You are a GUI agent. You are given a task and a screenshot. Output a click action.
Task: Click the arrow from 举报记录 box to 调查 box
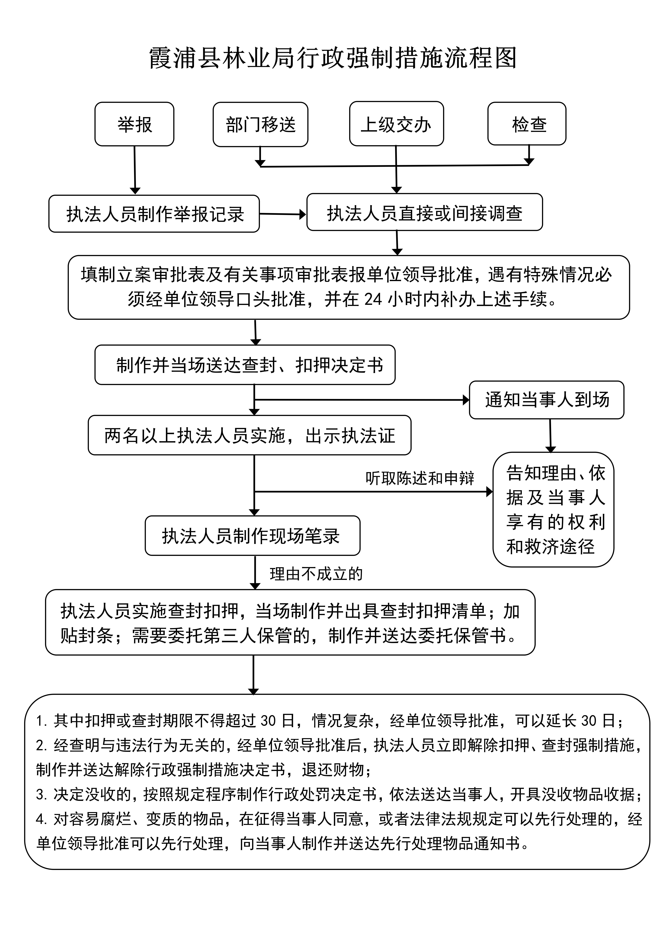point(283,214)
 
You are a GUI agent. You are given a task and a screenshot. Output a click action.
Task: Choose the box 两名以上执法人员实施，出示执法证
point(250,435)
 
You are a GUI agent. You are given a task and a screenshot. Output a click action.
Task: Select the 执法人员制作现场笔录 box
point(252,536)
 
